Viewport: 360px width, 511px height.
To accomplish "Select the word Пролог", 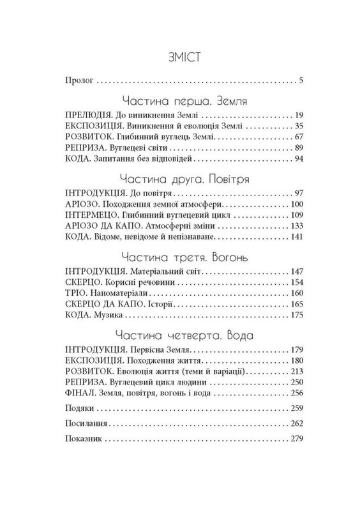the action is tap(80, 81).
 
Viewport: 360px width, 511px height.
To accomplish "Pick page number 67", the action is tap(287, 138).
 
